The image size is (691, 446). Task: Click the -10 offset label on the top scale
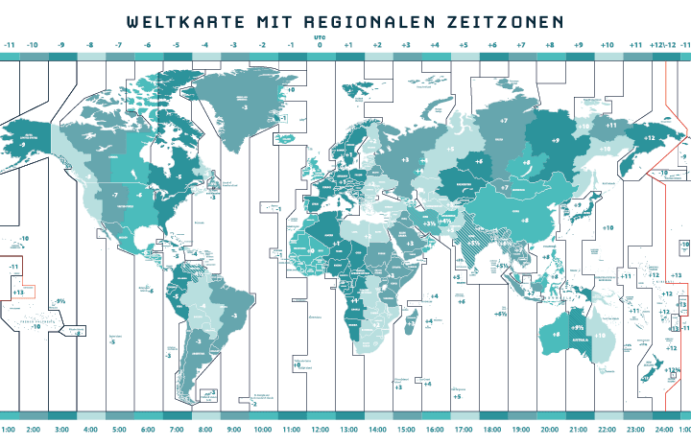[32, 45]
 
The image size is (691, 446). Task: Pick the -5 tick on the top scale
[177, 45]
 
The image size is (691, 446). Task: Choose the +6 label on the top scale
[492, 45]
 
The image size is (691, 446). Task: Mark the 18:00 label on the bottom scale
[491, 431]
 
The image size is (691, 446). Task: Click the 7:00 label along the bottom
[177, 431]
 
